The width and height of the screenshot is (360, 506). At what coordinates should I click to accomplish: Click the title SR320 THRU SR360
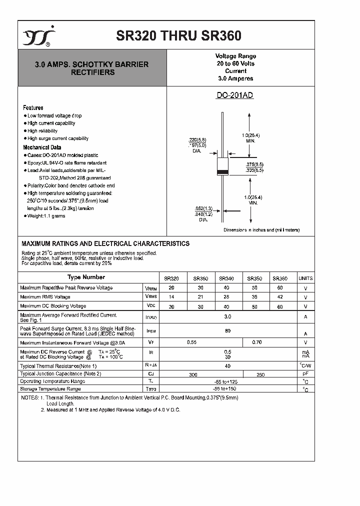coord(178,36)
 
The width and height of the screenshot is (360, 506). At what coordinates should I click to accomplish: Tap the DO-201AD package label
coord(234,95)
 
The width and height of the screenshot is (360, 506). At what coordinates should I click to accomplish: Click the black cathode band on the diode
coord(222,172)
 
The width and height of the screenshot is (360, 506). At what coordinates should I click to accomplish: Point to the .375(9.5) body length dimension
coord(254,164)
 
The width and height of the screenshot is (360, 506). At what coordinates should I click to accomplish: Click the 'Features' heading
coord(33,107)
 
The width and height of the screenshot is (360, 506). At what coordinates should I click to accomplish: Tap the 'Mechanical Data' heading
coord(42,147)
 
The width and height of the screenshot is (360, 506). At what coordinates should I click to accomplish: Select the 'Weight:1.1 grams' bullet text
coord(46,216)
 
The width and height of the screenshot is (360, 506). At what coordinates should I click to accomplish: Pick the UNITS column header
coord(305,278)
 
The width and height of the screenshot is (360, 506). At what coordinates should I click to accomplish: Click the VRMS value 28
coord(227,297)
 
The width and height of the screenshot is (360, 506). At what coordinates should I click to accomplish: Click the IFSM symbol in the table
coord(150,330)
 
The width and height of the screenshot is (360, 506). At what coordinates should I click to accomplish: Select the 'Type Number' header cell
coord(86,277)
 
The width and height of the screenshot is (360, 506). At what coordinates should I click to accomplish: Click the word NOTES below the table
coord(29,397)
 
